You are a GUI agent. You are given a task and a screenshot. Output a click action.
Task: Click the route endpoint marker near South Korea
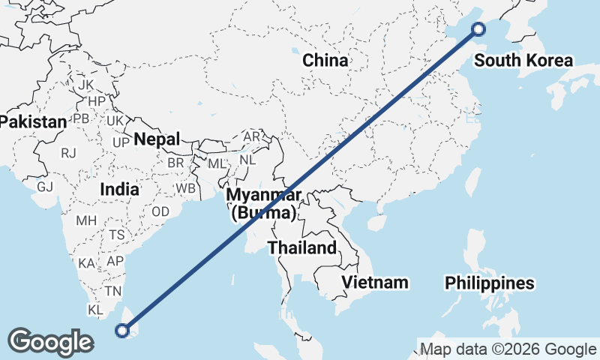(x=478, y=29)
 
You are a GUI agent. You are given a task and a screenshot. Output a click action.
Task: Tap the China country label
(x=325, y=61)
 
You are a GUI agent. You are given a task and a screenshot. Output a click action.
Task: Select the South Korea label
(x=523, y=61)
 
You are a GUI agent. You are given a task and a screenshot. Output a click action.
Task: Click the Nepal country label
(x=157, y=139)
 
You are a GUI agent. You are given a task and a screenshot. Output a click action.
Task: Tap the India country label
(x=119, y=189)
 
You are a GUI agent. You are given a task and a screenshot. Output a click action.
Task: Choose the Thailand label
(x=302, y=247)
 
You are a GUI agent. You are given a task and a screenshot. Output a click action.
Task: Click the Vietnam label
(x=375, y=282)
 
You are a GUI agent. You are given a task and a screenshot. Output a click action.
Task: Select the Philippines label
(x=490, y=283)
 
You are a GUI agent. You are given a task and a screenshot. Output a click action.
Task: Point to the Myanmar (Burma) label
(x=264, y=204)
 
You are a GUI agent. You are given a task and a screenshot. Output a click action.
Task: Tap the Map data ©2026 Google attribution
(x=508, y=349)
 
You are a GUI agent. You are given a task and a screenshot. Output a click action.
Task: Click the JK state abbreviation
(x=86, y=85)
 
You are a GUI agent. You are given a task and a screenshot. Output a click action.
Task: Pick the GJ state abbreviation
(x=44, y=187)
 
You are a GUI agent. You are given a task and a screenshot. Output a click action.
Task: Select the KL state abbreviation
(x=95, y=310)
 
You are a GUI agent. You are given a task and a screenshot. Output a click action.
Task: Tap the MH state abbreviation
(x=86, y=221)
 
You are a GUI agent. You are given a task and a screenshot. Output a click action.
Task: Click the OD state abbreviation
(x=160, y=212)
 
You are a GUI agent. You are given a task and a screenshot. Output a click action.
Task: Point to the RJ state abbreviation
(x=69, y=153)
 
